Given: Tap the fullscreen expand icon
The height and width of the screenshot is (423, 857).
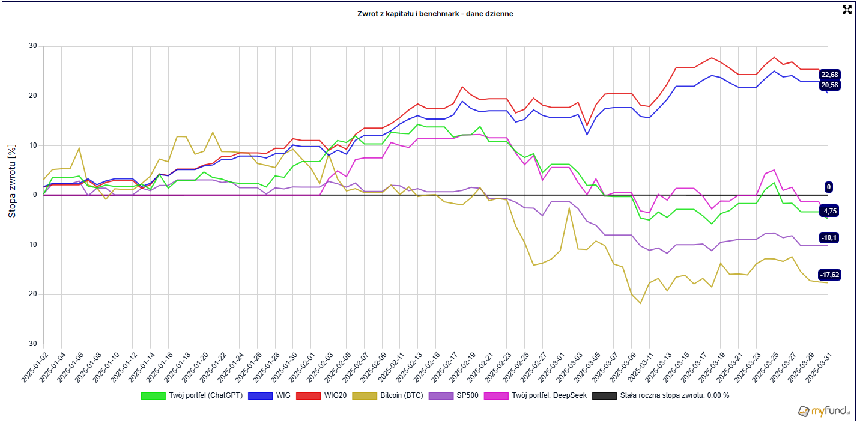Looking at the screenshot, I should click(x=847, y=10).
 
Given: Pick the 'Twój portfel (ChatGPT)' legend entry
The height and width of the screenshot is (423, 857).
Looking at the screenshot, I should click(x=192, y=395).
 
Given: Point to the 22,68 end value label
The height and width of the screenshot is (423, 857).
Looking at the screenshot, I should click(x=829, y=75).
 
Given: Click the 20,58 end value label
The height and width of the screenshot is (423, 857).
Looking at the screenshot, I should click(x=829, y=85).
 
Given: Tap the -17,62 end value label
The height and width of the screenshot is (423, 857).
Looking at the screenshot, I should click(x=829, y=275).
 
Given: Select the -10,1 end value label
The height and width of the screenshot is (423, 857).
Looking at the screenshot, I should click(x=829, y=237).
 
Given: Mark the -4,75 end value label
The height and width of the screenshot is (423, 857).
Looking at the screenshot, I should click(x=829, y=211).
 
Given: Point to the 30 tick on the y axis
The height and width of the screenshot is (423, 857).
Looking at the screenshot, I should click(x=32, y=46).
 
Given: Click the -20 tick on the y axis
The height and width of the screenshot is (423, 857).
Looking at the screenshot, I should click(x=31, y=294).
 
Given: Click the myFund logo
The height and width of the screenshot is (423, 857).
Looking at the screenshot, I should click(x=825, y=411).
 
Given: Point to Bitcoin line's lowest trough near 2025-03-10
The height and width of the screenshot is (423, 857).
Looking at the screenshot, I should click(x=640, y=303).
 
